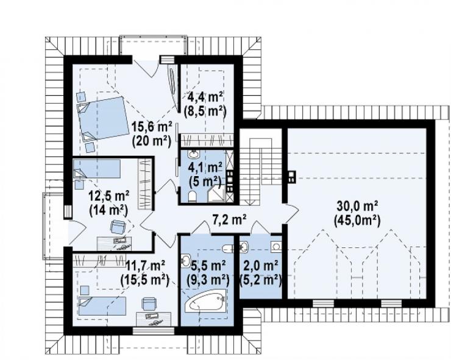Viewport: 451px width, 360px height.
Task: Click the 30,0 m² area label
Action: coord(357,206)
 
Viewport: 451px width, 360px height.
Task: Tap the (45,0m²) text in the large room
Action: coord(357,221)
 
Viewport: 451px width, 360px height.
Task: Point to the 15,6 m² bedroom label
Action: coord(152,127)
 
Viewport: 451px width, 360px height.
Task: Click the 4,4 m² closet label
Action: coord(205,97)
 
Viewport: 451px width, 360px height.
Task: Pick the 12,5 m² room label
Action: coord(108,196)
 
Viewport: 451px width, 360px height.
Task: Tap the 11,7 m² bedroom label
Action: coord(145,265)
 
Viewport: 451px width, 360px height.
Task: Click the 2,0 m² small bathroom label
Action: coord(260,265)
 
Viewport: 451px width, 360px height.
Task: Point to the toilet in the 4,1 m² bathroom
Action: coord(192,196)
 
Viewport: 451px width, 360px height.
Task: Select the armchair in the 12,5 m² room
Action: coord(118,227)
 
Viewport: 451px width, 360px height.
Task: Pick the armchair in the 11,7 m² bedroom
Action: coord(149,303)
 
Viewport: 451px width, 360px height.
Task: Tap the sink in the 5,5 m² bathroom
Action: coord(185,261)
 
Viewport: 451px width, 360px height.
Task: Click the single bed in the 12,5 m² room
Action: coord(97,169)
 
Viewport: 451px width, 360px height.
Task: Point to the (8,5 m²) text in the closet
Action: coord(205,111)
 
